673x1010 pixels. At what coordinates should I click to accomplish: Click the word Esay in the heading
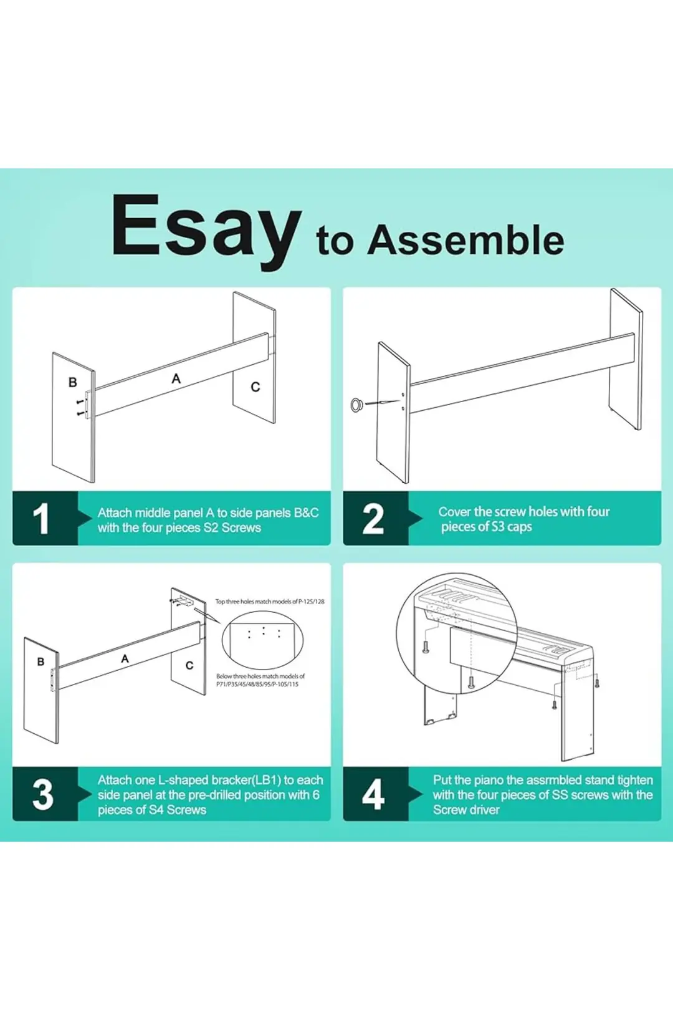[206, 231]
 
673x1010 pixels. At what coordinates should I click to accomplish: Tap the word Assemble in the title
[465, 240]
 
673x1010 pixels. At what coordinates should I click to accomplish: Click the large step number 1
[41, 519]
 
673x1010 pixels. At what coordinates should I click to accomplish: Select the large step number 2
[373, 519]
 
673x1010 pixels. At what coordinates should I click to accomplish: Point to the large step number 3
[43, 794]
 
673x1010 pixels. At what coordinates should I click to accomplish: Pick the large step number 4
[373, 794]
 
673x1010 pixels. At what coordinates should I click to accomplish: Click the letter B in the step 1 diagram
[72, 382]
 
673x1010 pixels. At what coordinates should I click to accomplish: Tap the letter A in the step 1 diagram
[176, 379]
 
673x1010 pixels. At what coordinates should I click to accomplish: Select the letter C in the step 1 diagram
[255, 387]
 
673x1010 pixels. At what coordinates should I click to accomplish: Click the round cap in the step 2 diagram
[358, 405]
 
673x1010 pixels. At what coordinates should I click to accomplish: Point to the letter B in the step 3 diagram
[41, 661]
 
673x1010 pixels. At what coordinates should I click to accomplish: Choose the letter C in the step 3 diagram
[189, 665]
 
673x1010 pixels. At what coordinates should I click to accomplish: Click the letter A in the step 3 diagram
[125, 659]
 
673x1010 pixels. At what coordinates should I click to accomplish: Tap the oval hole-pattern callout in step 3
[263, 641]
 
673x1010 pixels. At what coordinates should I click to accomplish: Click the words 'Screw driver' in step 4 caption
[466, 810]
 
